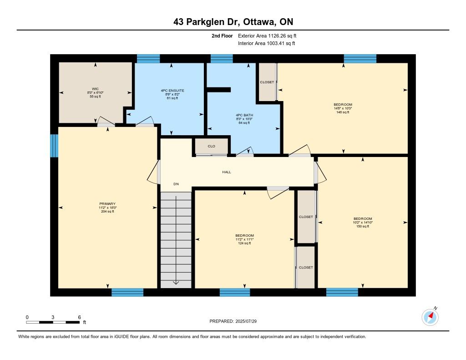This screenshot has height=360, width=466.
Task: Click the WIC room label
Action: (95, 89)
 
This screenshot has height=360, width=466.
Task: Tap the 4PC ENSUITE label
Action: (172, 91)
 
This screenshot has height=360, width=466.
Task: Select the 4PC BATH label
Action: (244, 115)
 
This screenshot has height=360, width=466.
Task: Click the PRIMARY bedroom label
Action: (107, 203)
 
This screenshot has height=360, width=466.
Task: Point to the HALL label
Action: (227, 172)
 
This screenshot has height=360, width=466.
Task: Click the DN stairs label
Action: (176, 184)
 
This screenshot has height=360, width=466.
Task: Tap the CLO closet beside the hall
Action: (211, 146)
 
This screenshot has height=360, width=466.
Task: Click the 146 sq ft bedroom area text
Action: (343, 112)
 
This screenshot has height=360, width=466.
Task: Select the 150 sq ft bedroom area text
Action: (363, 226)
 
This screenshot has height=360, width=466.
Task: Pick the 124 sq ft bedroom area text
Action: (244, 243)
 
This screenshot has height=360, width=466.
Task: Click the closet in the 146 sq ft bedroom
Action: (267, 82)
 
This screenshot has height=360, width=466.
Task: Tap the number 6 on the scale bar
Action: (79, 317)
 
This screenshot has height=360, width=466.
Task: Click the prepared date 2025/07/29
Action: (246, 321)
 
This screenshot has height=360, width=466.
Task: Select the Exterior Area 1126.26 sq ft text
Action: (267, 35)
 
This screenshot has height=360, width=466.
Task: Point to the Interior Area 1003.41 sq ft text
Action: (267, 43)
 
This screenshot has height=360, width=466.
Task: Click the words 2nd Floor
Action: (222, 35)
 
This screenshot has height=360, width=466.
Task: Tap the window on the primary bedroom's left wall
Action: (54, 146)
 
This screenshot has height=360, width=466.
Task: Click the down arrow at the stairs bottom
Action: (176, 282)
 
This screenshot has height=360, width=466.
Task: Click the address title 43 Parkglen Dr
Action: (207, 22)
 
